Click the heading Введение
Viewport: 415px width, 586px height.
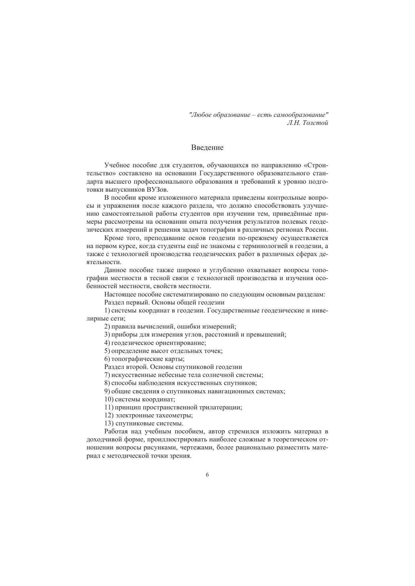coord(207,147)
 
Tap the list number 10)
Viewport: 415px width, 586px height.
coord(108,399)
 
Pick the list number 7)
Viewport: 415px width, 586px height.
coord(107,375)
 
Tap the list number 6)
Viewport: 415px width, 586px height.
coord(107,359)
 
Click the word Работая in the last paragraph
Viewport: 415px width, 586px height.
coord(115,431)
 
